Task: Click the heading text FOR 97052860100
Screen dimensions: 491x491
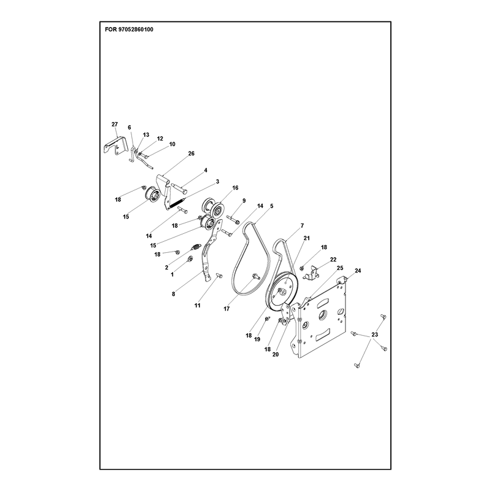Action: click(129, 29)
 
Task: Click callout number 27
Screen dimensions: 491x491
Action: click(115, 125)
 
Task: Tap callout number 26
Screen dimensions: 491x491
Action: click(191, 153)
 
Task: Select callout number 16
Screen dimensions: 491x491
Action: click(235, 188)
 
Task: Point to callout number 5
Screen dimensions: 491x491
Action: click(271, 206)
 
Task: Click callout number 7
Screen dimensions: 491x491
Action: click(302, 225)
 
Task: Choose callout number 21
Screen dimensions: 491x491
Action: click(306, 238)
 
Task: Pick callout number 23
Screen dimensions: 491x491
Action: click(374, 334)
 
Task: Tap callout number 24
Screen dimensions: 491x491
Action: click(358, 271)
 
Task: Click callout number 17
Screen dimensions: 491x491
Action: click(226, 309)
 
